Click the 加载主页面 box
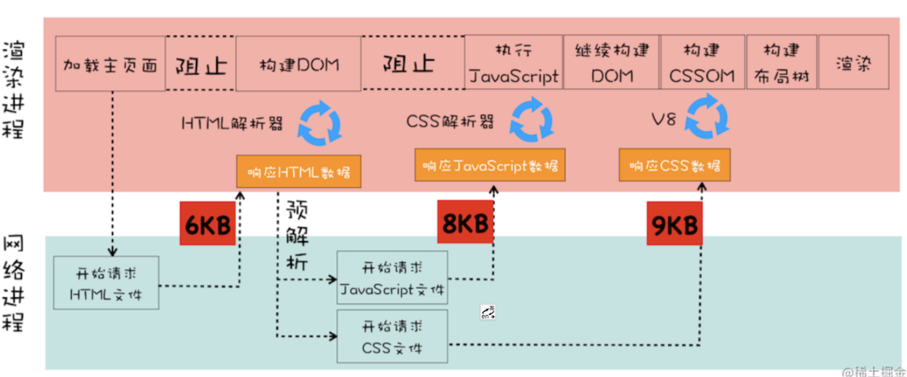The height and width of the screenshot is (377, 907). click(x=110, y=64)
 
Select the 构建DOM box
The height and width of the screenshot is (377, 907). click(x=298, y=64)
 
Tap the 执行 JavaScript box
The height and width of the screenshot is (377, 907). click(x=514, y=63)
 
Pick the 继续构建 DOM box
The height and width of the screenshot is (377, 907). click(x=611, y=63)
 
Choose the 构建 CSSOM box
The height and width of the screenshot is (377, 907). click(x=703, y=63)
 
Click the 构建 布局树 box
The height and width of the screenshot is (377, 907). click(x=780, y=63)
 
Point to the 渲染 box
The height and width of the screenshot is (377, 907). click(x=855, y=63)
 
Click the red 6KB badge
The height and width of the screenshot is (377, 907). click(x=207, y=223)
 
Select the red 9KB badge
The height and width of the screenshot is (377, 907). click(x=674, y=224)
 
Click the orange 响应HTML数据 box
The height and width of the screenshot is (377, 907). click(x=298, y=171)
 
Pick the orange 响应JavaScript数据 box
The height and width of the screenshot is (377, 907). click(x=490, y=165)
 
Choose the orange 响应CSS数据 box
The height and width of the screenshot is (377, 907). click(x=674, y=165)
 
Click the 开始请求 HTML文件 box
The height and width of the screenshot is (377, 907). click(x=106, y=283)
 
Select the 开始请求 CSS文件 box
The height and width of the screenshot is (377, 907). click(x=392, y=336)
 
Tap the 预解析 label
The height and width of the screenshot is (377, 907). click(x=297, y=237)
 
